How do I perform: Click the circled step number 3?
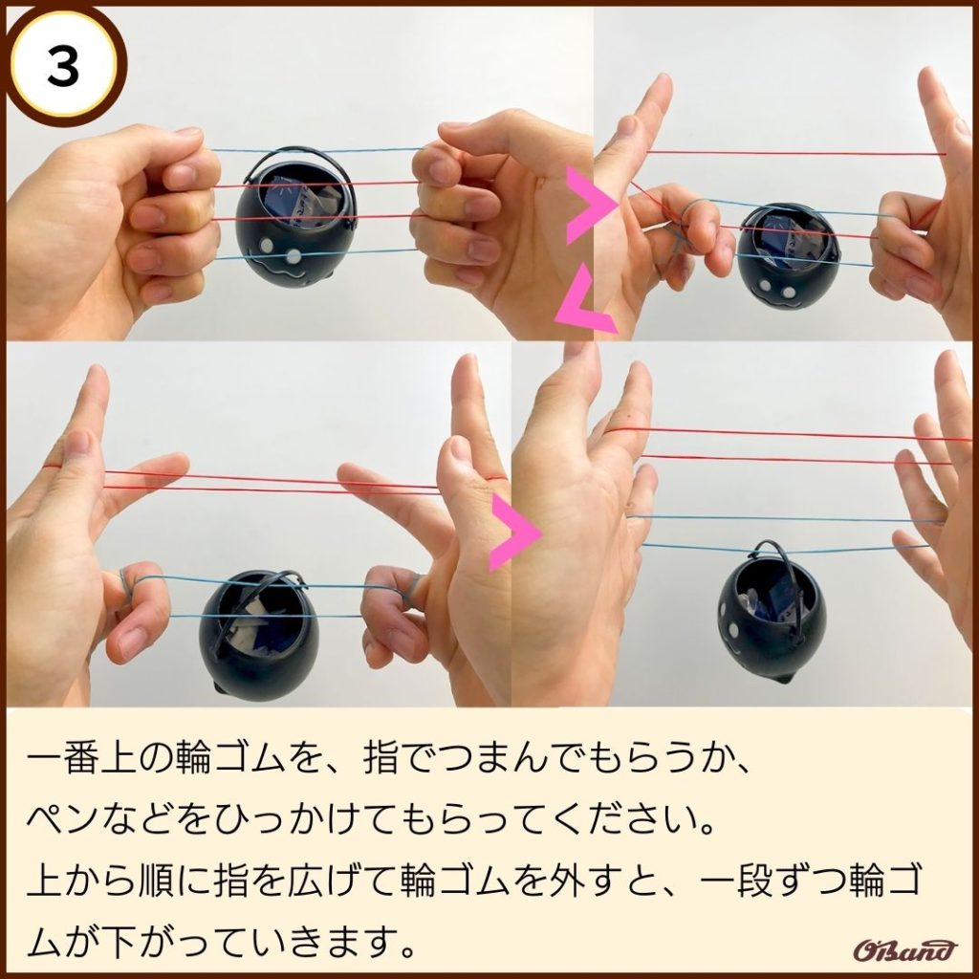63,67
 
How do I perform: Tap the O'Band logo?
904,950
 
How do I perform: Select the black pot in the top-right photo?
788,260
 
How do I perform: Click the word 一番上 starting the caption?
80,758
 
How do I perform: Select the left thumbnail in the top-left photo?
186,133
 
